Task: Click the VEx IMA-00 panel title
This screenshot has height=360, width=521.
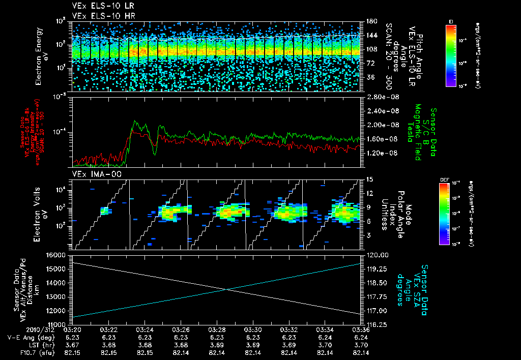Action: pyautogui.click(x=92, y=174)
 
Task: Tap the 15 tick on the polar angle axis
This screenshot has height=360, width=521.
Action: pyautogui.click(x=369, y=179)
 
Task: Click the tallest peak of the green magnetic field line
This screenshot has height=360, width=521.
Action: pyautogui.click(x=134, y=121)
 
